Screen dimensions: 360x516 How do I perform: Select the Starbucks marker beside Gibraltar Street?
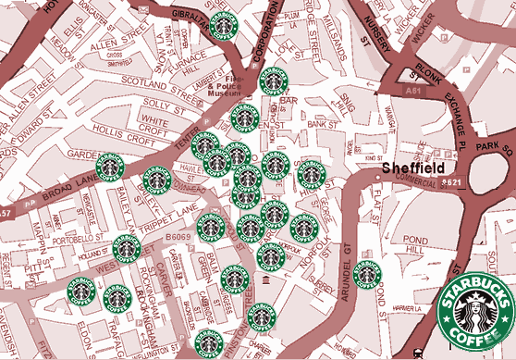222,27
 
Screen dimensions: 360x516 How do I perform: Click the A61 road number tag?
415,93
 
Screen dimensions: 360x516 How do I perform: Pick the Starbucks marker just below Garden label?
110,168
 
